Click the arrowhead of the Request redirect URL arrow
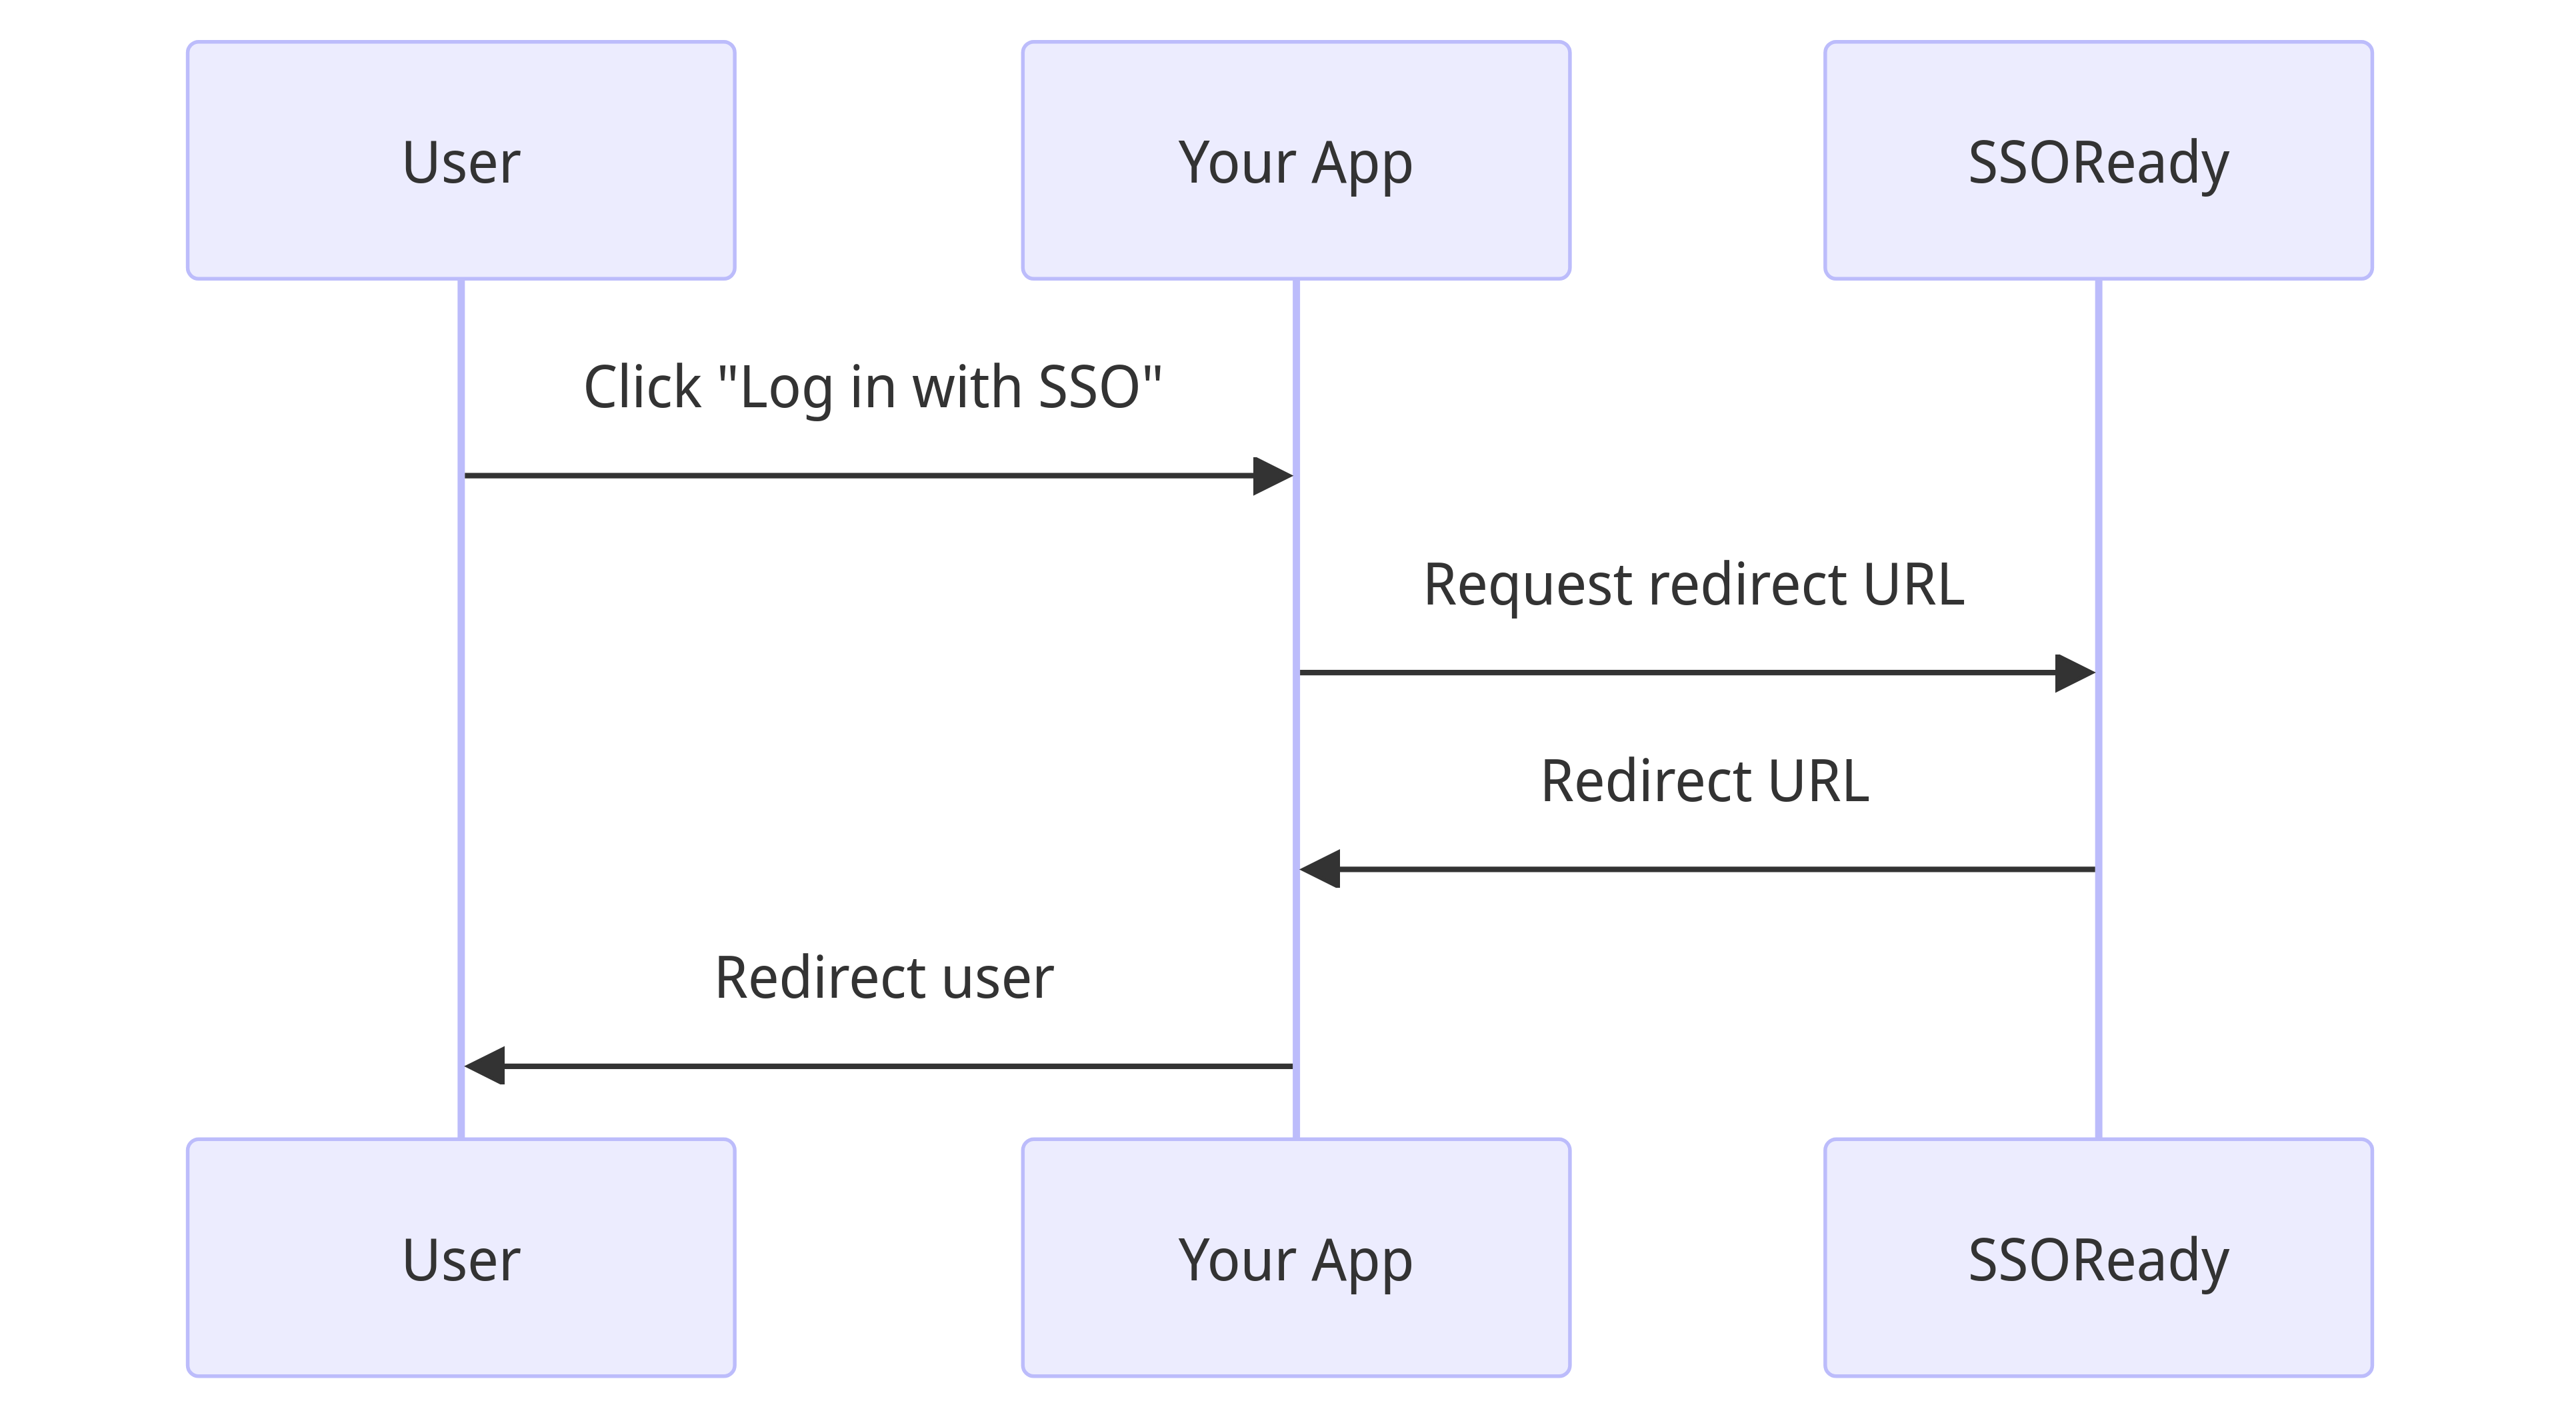coord(2075,673)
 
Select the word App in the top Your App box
coord(1361,163)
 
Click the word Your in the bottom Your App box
coord(1236,1259)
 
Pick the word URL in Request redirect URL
coord(1913,585)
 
